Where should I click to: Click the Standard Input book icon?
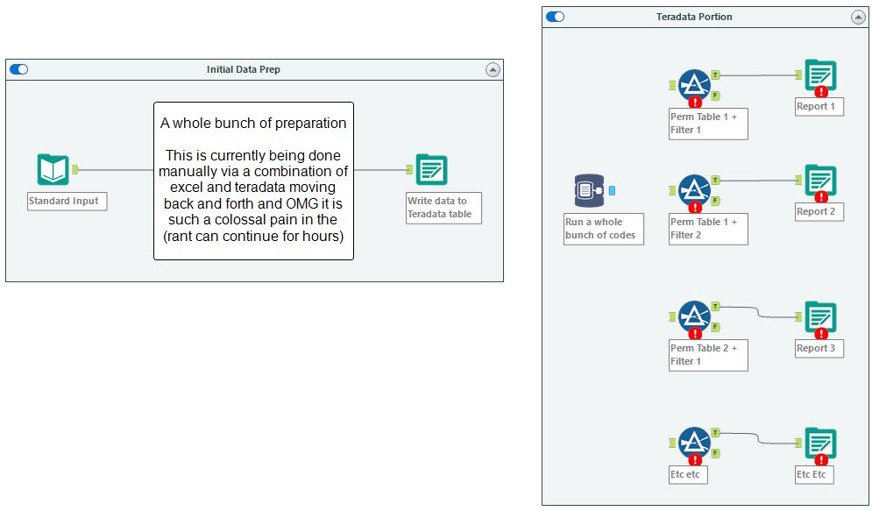click(53, 169)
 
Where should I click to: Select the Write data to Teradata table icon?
click(430, 169)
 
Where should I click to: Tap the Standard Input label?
click(67, 201)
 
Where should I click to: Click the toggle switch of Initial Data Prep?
click(18, 69)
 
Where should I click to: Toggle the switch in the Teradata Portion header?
click(555, 17)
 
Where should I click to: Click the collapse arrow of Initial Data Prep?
click(493, 69)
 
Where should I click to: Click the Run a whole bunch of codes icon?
click(590, 191)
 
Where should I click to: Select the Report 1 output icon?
click(820, 75)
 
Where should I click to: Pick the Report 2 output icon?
click(820, 181)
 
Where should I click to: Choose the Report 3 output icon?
click(820, 317)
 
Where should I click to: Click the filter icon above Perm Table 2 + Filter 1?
click(694, 317)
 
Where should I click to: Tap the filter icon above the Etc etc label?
click(694, 443)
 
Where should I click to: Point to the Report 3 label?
click(816, 348)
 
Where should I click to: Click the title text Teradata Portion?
click(694, 17)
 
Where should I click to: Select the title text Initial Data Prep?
click(244, 69)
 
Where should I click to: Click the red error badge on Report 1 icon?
click(821, 91)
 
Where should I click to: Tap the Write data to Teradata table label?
click(443, 208)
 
